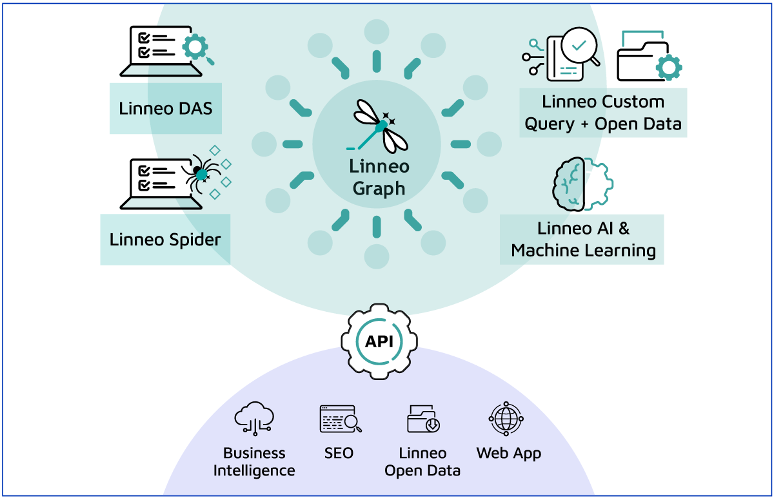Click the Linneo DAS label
(x=165, y=108)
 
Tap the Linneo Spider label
(x=165, y=240)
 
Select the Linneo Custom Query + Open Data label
(x=603, y=113)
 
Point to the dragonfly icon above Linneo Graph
(x=377, y=126)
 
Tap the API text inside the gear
(x=379, y=341)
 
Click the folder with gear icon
(x=648, y=58)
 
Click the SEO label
(x=339, y=453)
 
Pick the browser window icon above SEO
(x=339, y=419)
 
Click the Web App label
(x=508, y=453)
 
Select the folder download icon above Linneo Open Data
(x=423, y=419)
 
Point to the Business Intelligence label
(x=254, y=462)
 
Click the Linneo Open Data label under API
(x=422, y=462)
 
